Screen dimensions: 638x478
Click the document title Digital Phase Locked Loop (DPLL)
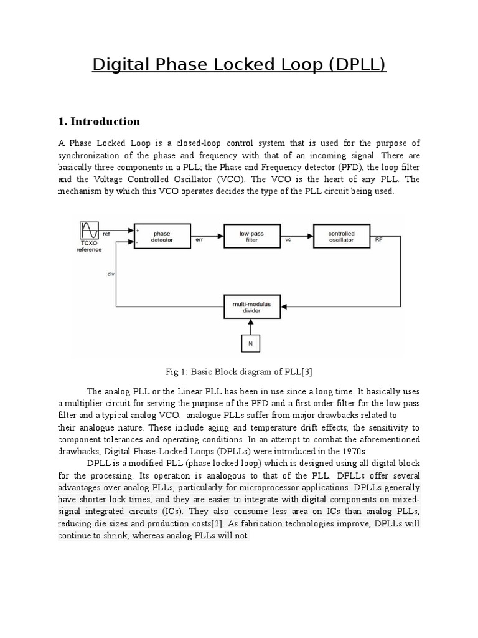[x=239, y=64]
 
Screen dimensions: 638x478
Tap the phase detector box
[x=161, y=236]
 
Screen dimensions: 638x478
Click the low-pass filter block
[x=251, y=236]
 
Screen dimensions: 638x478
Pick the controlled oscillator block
[x=341, y=236]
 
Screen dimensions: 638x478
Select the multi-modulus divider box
[x=251, y=306]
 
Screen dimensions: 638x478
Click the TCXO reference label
[x=90, y=247]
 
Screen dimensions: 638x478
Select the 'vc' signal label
[x=288, y=239]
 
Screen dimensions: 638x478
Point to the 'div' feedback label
[x=110, y=272]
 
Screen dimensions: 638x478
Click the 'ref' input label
[x=106, y=234]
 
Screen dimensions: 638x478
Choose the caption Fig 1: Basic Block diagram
[x=238, y=372]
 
